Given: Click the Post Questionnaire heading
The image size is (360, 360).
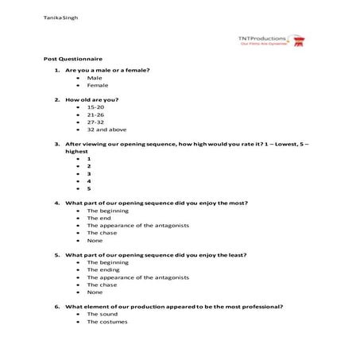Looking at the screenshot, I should [73, 60].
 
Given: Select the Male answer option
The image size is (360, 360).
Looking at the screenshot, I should [94, 78].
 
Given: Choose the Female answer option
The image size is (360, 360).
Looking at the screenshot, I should [98, 85].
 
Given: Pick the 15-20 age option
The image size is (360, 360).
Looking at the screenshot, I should [95, 106].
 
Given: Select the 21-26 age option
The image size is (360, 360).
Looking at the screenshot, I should [95, 114].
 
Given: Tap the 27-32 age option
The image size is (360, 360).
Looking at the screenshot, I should [95, 122].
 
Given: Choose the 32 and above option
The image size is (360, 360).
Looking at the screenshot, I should [106, 130].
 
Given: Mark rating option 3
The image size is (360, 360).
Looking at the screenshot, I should [89, 173].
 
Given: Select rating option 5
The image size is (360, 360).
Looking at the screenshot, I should [89, 188].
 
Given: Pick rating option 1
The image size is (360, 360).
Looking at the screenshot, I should [89, 159].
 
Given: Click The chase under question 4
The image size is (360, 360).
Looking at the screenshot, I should [103, 233].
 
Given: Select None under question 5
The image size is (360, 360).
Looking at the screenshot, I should [95, 292].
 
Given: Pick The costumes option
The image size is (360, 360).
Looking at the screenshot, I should [107, 321].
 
